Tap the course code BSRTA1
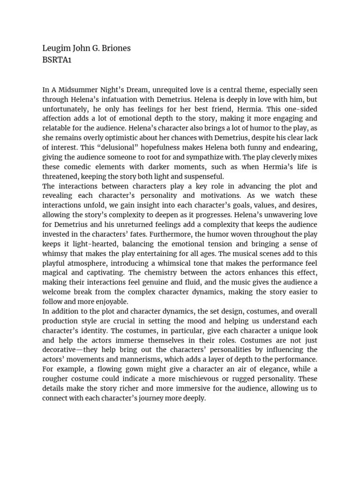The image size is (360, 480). [58, 60]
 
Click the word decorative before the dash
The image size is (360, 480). [61, 350]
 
